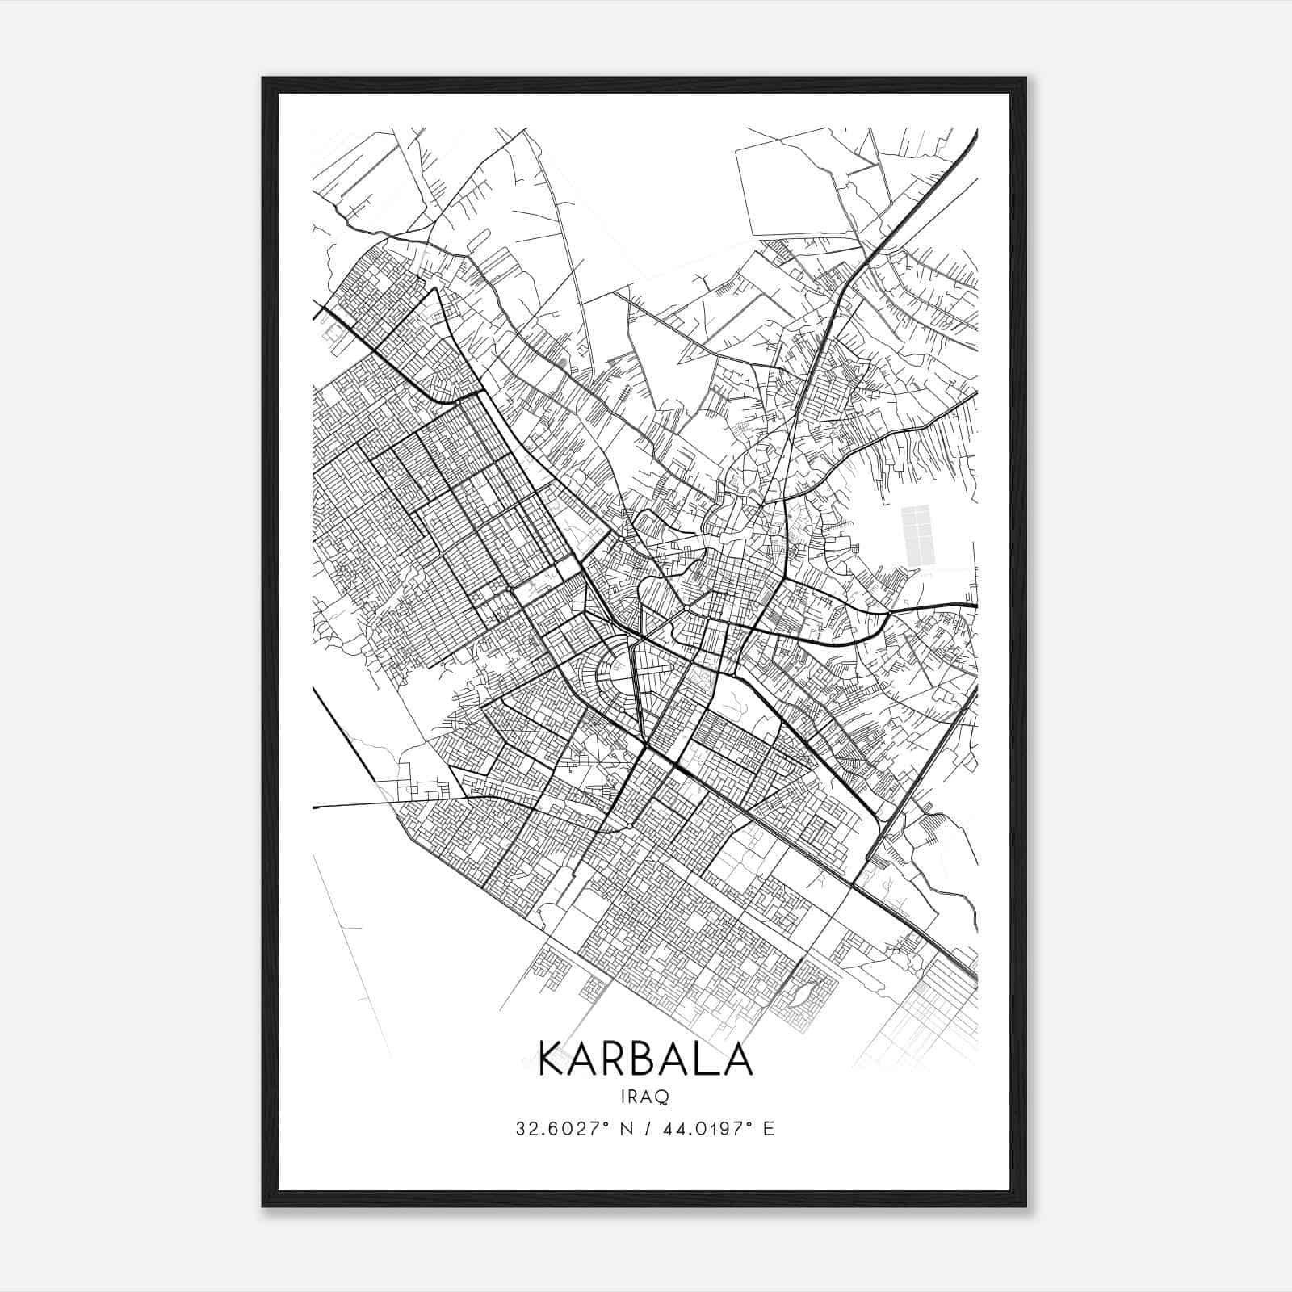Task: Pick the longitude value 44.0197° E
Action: [x=710, y=1129]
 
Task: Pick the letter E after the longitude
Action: [x=769, y=1129]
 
